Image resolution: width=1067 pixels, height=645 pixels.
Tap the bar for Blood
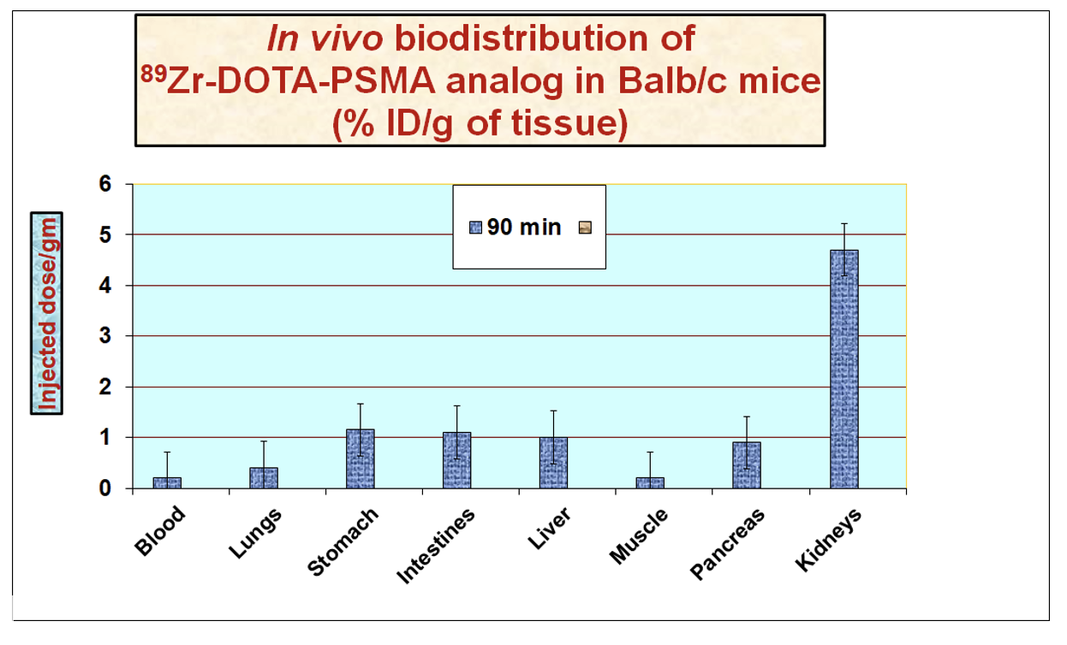point(167,482)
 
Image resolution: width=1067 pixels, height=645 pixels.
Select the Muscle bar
point(650,482)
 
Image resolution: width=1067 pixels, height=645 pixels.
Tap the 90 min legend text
point(524,228)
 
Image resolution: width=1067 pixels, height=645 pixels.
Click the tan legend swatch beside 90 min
point(585,228)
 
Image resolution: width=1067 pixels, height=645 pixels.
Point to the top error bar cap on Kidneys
point(843,224)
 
